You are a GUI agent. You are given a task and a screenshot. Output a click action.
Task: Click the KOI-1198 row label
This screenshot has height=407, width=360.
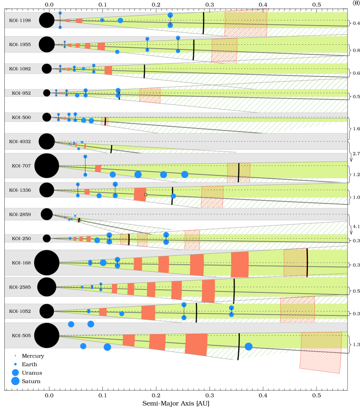pos(20,20)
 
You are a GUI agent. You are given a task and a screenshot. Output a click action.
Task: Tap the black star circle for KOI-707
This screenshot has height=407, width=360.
pos(47,166)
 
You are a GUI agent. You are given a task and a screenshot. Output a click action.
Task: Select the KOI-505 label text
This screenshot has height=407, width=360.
pos(21,335)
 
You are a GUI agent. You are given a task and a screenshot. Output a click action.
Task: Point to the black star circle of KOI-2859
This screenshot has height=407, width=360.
pos(47,214)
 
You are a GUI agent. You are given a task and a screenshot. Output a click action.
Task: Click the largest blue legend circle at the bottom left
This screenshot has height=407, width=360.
pos(15,381)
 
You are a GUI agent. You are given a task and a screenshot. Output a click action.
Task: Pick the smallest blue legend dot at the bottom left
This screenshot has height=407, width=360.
pos(15,356)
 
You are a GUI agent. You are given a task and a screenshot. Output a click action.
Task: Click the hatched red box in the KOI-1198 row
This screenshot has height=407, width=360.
pos(246,23)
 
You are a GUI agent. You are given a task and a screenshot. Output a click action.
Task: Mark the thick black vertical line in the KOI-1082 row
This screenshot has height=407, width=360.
pos(144,71)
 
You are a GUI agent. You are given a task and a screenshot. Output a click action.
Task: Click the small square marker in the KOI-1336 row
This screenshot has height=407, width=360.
pos(146,195)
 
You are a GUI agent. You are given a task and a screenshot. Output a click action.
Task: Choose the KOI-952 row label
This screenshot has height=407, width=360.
pos(21,93)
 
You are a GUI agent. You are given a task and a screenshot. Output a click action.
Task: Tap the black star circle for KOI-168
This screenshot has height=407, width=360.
pos(47,263)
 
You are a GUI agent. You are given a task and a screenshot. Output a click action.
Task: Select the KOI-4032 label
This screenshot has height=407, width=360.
pos(20,141)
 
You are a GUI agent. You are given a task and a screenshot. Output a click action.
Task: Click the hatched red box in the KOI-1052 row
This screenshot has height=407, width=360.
pos(298,309)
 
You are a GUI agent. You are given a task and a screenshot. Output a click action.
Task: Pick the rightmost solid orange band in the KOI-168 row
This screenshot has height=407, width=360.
pos(240,264)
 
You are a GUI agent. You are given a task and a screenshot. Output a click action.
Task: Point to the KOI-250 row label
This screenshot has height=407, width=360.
pos(21,239)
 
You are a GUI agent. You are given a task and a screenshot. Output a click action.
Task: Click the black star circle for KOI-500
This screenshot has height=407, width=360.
pos(47,117)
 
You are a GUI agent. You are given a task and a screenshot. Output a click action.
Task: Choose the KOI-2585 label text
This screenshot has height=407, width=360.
pos(20,287)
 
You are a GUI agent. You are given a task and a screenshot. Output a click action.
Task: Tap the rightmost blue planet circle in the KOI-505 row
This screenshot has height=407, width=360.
pos(249,347)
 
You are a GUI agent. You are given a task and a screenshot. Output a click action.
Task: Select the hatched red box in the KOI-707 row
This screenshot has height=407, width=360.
pos(239,172)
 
